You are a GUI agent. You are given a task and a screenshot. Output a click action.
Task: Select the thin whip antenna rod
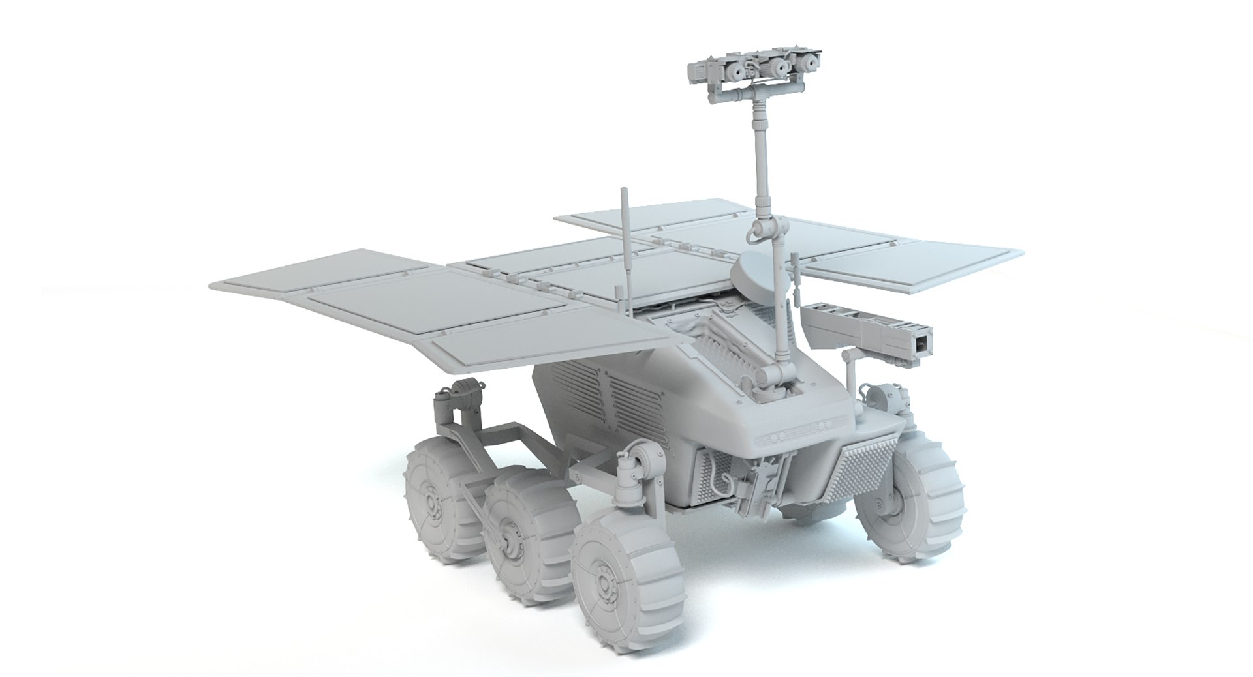[x=624, y=248]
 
